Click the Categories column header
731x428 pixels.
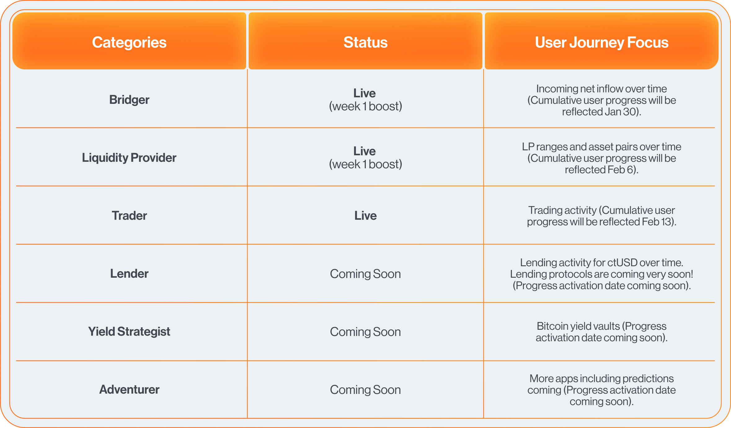click(129, 42)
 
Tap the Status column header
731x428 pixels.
click(365, 42)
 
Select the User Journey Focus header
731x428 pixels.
click(601, 42)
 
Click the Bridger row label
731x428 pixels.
click(129, 100)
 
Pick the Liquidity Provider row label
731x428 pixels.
click(129, 158)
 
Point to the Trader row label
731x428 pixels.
click(129, 216)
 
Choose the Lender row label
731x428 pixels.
click(129, 274)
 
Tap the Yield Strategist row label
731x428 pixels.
click(129, 332)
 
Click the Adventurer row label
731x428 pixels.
click(129, 390)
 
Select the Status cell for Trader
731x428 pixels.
click(365, 216)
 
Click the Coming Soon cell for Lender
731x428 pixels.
click(365, 274)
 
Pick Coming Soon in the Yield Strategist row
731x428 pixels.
click(365, 332)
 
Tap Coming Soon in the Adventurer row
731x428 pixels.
click(365, 390)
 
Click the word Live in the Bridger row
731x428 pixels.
click(365, 93)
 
